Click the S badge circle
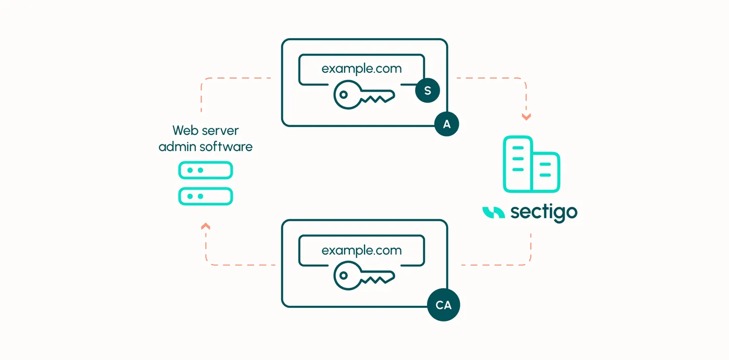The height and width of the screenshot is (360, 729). pos(428,91)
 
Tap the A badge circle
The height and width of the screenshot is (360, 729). pos(447,124)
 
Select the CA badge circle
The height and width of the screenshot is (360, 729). pos(443,305)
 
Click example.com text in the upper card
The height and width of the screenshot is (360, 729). pos(361,69)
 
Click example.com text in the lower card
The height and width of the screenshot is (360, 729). pos(361,250)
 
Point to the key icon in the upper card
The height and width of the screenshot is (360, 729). pos(364,95)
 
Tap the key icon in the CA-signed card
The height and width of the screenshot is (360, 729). pos(364,276)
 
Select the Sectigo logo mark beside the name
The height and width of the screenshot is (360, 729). pos(494,213)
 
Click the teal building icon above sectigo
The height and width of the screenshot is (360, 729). pos(532,165)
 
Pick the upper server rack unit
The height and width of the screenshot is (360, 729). pos(205,170)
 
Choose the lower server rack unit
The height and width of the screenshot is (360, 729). pos(205,196)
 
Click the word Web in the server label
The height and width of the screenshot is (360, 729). pos(184,131)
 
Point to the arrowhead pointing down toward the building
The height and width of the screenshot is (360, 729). pos(526,117)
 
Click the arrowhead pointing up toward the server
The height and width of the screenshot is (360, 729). pos(206,226)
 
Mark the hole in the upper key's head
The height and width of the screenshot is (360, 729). pos(343,95)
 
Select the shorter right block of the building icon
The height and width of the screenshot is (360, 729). pos(546,171)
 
